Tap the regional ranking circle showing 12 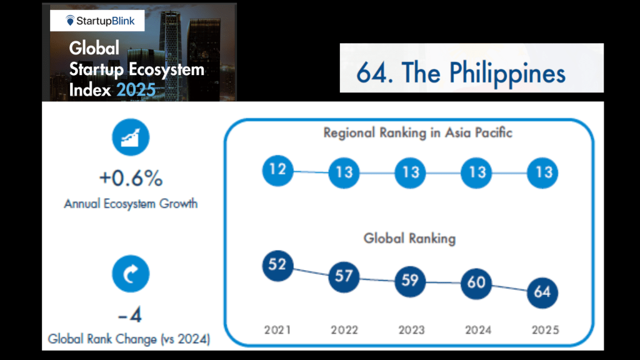pyautogui.click(x=277, y=170)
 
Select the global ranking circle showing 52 pyautogui.click(x=277, y=266)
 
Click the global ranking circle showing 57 pyautogui.click(x=344, y=277)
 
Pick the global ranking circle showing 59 pyautogui.click(x=410, y=281)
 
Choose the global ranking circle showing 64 pyautogui.click(x=542, y=292)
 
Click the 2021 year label pyautogui.click(x=277, y=330)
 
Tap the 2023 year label pyautogui.click(x=411, y=330)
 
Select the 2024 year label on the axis pyautogui.click(x=478, y=330)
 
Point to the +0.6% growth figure pyautogui.click(x=131, y=178)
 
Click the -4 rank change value pyautogui.click(x=130, y=315)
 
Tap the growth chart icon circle pyautogui.click(x=131, y=137)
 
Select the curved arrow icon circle pyautogui.click(x=131, y=274)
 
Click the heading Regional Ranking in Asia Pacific pyautogui.click(x=417, y=133)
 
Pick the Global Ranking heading pyautogui.click(x=409, y=238)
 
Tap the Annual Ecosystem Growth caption pyautogui.click(x=131, y=204)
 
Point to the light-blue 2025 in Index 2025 pyautogui.click(x=136, y=90)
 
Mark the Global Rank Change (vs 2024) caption pyautogui.click(x=129, y=339)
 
